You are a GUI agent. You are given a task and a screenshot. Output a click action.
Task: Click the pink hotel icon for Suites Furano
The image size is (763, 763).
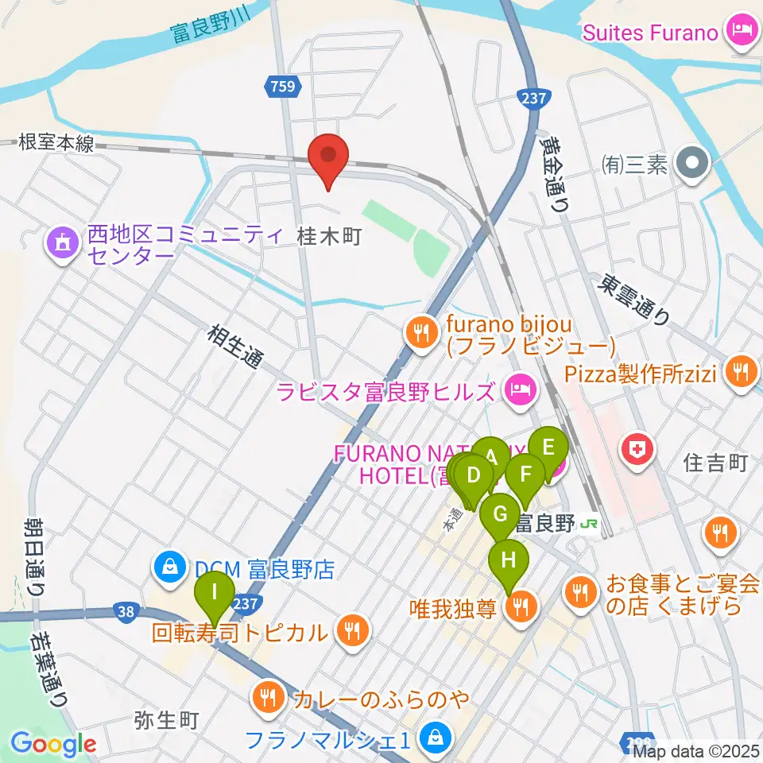(x=743, y=33)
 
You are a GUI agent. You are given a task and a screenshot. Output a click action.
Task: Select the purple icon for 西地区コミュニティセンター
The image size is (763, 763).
(x=63, y=245)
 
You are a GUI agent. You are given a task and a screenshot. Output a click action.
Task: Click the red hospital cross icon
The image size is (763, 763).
(x=639, y=451)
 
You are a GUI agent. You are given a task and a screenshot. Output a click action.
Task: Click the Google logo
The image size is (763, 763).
(x=53, y=744)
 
